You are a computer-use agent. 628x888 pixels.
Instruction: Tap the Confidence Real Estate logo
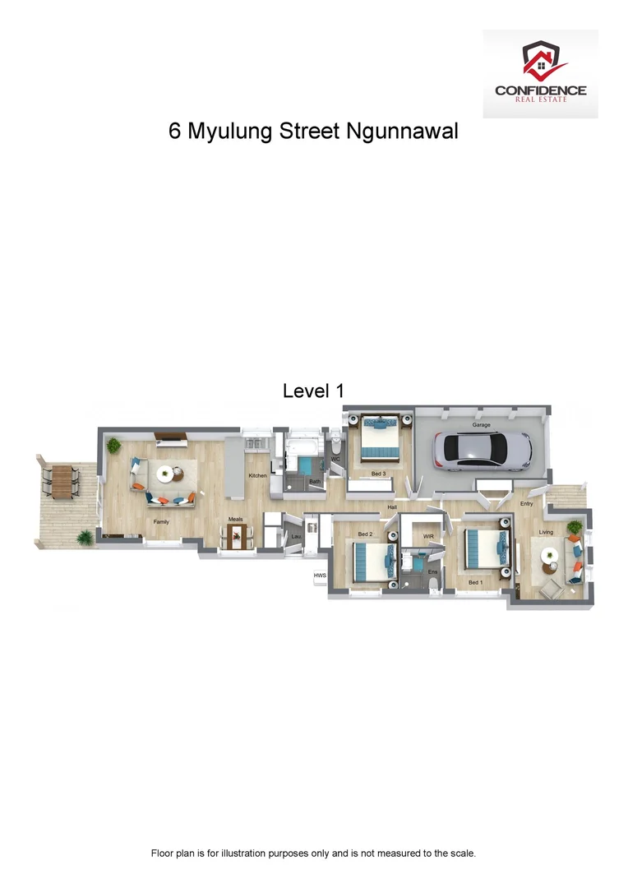coord(540,73)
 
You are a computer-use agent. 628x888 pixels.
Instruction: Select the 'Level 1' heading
coord(313,391)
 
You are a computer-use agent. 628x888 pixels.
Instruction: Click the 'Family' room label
coord(161,522)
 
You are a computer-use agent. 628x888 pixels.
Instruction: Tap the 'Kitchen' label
coord(257,476)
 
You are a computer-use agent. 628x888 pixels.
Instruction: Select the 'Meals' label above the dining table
coord(235,520)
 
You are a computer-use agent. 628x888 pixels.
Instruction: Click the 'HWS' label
coord(320,576)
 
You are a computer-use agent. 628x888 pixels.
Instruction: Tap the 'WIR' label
coord(428,536)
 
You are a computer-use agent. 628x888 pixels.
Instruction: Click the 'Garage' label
coord(481,425)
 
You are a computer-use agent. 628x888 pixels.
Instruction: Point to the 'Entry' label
coord(526,503)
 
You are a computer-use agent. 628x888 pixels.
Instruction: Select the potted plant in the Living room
coord(575,527)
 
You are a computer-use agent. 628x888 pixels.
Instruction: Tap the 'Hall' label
coord(393,507)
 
